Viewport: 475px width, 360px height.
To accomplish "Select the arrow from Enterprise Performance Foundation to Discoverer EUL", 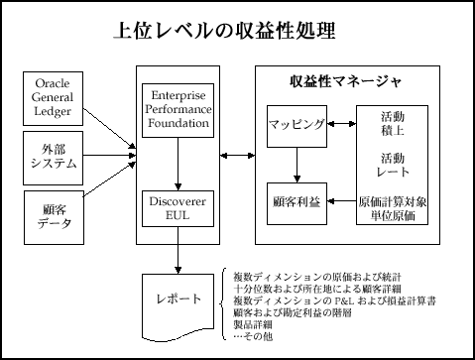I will (x=177, y=164).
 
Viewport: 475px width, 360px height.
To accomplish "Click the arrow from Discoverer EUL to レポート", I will (x=177, y=256).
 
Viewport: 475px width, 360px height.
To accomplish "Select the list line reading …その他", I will (x=253, y=336).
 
